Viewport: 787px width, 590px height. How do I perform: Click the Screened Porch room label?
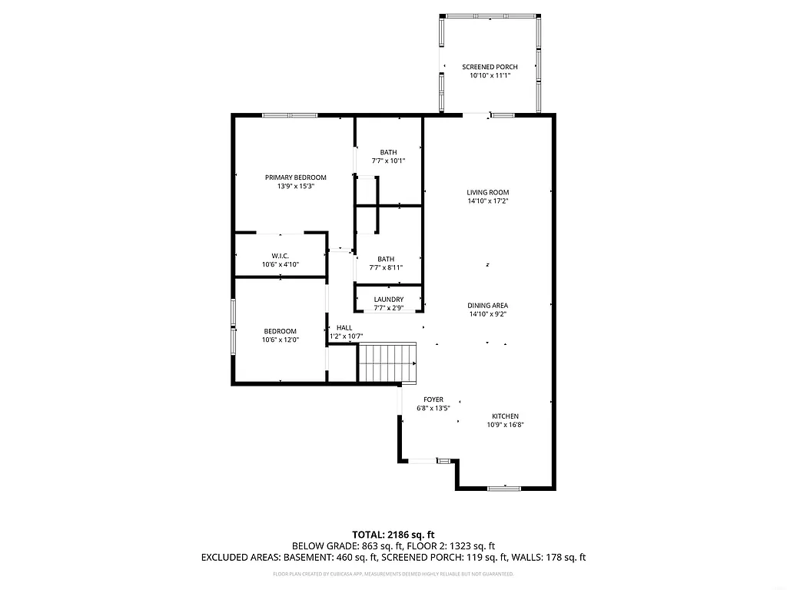click(490, 68)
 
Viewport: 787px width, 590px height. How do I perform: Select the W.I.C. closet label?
click(280, 256)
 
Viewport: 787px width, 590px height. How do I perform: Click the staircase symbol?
click(388, 363)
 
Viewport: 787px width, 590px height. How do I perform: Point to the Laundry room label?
click(388, 300)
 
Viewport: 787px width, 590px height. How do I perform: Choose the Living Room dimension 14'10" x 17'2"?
click(488, 201)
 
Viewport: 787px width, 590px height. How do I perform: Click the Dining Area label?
click(488, 306)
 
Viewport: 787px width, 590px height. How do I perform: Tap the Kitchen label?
click(505, 416)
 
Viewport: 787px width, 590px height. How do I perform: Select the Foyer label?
click(433, 399)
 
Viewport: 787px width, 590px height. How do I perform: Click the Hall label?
click(344, 327)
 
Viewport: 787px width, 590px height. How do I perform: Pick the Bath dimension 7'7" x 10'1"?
click(388, 161)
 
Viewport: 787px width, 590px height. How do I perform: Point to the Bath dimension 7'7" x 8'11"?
click(388, 267)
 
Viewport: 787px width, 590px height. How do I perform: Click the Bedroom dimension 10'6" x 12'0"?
click(280, 340)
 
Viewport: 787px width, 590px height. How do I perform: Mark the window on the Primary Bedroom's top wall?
click(290, 115)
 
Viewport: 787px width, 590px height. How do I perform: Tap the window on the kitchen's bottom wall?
click(504, 488)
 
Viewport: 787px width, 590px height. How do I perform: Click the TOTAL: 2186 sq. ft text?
click(393, 534)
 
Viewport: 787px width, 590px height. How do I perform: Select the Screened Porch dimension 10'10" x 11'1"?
click(490, 76)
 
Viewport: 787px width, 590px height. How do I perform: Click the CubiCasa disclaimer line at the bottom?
click(393, 574)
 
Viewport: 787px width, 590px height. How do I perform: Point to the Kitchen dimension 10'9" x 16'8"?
click(505, 425)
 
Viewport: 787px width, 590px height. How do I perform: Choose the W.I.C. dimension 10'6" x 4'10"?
click(280, 264)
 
